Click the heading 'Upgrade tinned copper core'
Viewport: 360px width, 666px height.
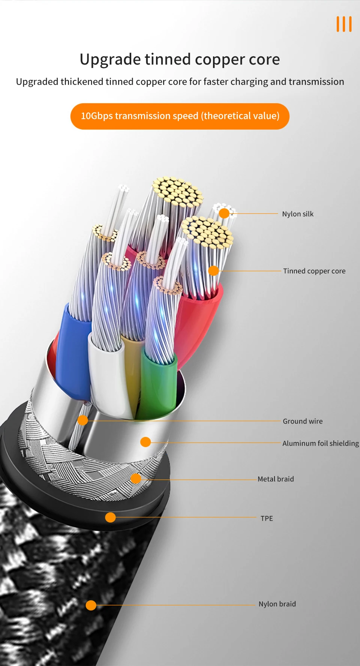coord(180,59)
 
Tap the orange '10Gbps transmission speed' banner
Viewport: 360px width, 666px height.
coord(180,116)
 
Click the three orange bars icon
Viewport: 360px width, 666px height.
coord(344,24)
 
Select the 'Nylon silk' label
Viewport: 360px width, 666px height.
coord(298,214)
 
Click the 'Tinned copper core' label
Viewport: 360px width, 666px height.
coord(314,271)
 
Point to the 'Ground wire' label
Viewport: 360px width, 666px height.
coord(303,421)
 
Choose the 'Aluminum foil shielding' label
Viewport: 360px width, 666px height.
coord(321,443)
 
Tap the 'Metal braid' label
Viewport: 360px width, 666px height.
coord(276,479)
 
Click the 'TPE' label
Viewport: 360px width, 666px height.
coord(267,518)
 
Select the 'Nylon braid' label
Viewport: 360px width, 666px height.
coord(277,604)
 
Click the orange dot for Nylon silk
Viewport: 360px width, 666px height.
coord(224,213)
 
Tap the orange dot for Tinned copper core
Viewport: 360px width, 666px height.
coord(213,271)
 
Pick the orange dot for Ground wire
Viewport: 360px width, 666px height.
coord(83,420)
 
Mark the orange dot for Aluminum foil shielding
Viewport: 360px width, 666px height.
coord(145,442)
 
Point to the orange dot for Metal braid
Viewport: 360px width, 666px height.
coord(136,478)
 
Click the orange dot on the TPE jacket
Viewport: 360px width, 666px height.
coord(110,517)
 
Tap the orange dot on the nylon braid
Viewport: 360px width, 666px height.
coord(91,605)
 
